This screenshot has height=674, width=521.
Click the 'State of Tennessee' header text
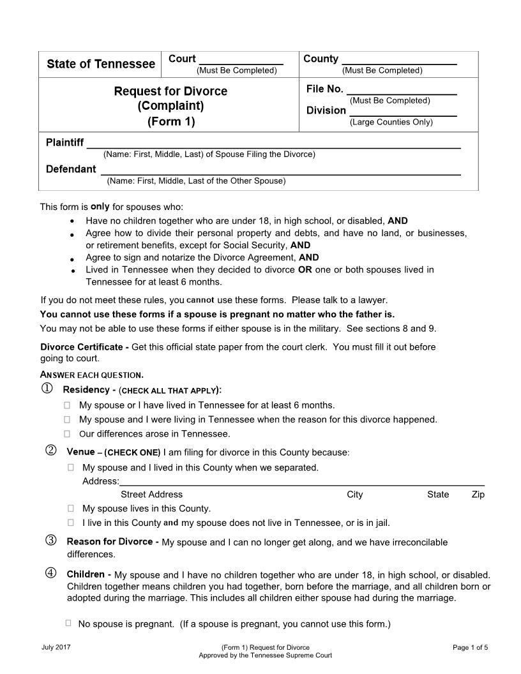101,64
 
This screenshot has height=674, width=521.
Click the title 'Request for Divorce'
170,91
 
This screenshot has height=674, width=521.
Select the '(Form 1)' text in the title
170,121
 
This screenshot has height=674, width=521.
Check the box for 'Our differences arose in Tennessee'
67,435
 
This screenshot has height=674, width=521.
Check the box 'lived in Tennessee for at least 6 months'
67,405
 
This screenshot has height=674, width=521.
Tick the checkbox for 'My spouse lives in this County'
71,509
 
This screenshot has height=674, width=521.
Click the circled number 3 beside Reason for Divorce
51,541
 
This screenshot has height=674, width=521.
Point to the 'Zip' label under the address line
478,495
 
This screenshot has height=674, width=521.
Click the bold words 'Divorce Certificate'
81,347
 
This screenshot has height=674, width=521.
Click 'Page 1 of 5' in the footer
470,647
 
